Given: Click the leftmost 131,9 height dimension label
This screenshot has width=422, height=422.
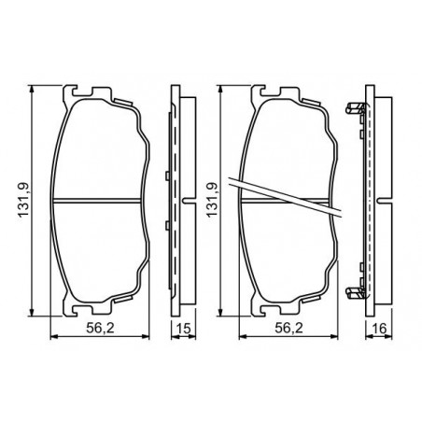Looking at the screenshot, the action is click(23, 200).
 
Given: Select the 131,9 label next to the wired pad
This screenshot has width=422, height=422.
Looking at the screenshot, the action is click(212, 200).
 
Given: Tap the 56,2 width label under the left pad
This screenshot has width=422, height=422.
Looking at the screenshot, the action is click(100, 328).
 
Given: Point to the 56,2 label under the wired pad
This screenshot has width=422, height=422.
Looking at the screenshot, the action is click(288, 328).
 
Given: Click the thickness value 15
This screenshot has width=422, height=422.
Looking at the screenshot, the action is click(184, 329).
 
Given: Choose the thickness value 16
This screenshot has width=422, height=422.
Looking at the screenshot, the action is click(379, 329).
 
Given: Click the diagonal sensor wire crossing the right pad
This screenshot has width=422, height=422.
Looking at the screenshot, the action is click(285, 197).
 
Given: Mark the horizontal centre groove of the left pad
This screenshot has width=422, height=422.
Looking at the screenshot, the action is click(96, 201).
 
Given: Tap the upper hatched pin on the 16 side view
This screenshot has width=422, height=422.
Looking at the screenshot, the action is click(356, 109).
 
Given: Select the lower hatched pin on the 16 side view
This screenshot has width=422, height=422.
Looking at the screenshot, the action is click(356, 293).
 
